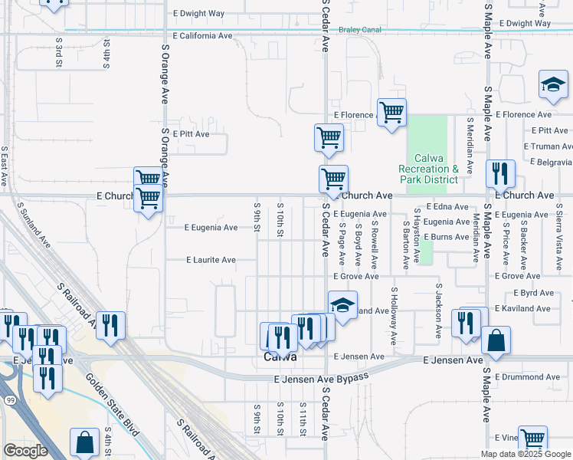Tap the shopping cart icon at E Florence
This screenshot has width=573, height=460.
point(391,113)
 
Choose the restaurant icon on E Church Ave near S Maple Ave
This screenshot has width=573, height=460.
point(499,174)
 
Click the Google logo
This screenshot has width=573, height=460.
point(25,451)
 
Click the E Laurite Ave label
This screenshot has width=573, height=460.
point(211,260)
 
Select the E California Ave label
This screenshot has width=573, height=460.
point(203,36)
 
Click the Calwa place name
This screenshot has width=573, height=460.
point(280,357)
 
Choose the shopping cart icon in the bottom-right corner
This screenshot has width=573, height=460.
point(532,440)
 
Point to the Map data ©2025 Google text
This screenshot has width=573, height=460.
point(524,454)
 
